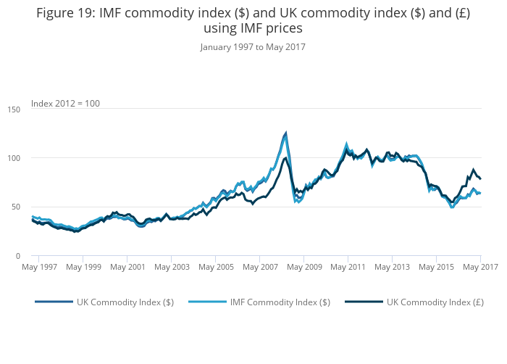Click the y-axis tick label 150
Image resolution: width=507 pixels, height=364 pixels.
pyautogui.click(x=14, y=109)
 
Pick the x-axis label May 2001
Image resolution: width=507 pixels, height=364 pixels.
pyautogui.click(x=127, y=268)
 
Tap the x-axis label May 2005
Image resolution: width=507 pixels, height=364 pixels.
pyautogui.click(x=215, y=268)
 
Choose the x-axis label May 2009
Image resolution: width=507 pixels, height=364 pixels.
pyautogui.click(x=303, y=268)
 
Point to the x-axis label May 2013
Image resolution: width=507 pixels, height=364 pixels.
pyautogui.click(x=392, y=268)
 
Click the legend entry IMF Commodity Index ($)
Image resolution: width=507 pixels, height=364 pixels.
pyautogui.click(x=280, y=302)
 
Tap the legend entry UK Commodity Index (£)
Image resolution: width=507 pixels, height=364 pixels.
pyautogui.click(x=435, y=302)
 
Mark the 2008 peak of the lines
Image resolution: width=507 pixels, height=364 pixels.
pyautogui.click(x=285, y=133)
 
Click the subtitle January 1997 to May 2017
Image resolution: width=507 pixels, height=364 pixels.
pyautogui.click(x=253, y=47)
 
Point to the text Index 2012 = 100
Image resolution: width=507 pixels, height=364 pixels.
pyautogui.click(x=65, y=104)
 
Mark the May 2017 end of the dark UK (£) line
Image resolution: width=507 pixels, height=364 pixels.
pyautogui.click(x=480, y=178)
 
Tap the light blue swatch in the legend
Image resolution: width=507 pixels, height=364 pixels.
pyautogui.click(x=207, y=302)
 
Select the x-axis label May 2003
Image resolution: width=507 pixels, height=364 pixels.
pyautogui.click(x=171, y=268)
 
